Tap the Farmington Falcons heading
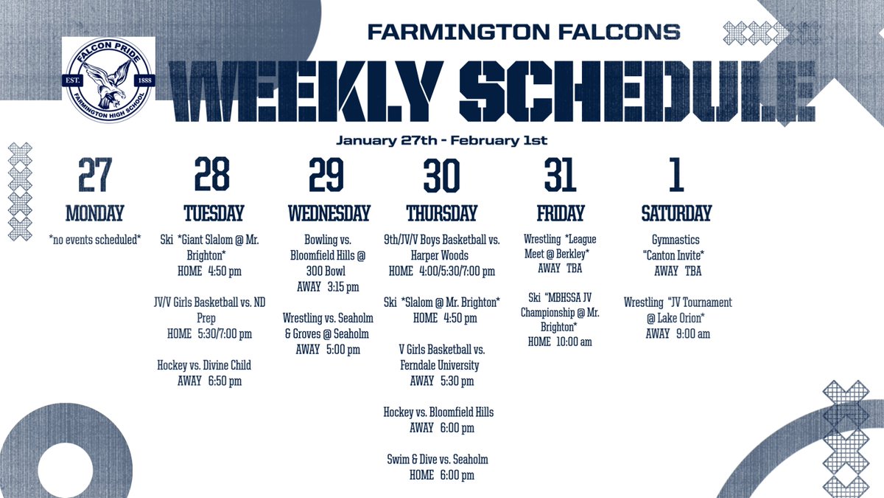tap(523, 32)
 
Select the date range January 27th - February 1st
tap(441, 139)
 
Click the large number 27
tap(94, 176)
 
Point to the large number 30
tap(441, 176)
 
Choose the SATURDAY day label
tap(676, 214)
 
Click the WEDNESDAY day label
tap(329, 214)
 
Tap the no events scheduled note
tap(94, 240)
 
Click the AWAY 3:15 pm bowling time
tap(328, 287)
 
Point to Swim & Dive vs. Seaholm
tap(438, 460)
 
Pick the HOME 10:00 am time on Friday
tap(560, 342)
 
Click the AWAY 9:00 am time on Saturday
tap(678, 333)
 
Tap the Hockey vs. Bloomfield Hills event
tap(438, 412)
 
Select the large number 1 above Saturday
tap(676, 176)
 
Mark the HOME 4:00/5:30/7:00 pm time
tap(442, 271)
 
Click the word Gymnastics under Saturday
tap(676, 240)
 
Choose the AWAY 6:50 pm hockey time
tap(209, 381)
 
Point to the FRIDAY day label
tap(560, 214)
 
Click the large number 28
tap(212, 176)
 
